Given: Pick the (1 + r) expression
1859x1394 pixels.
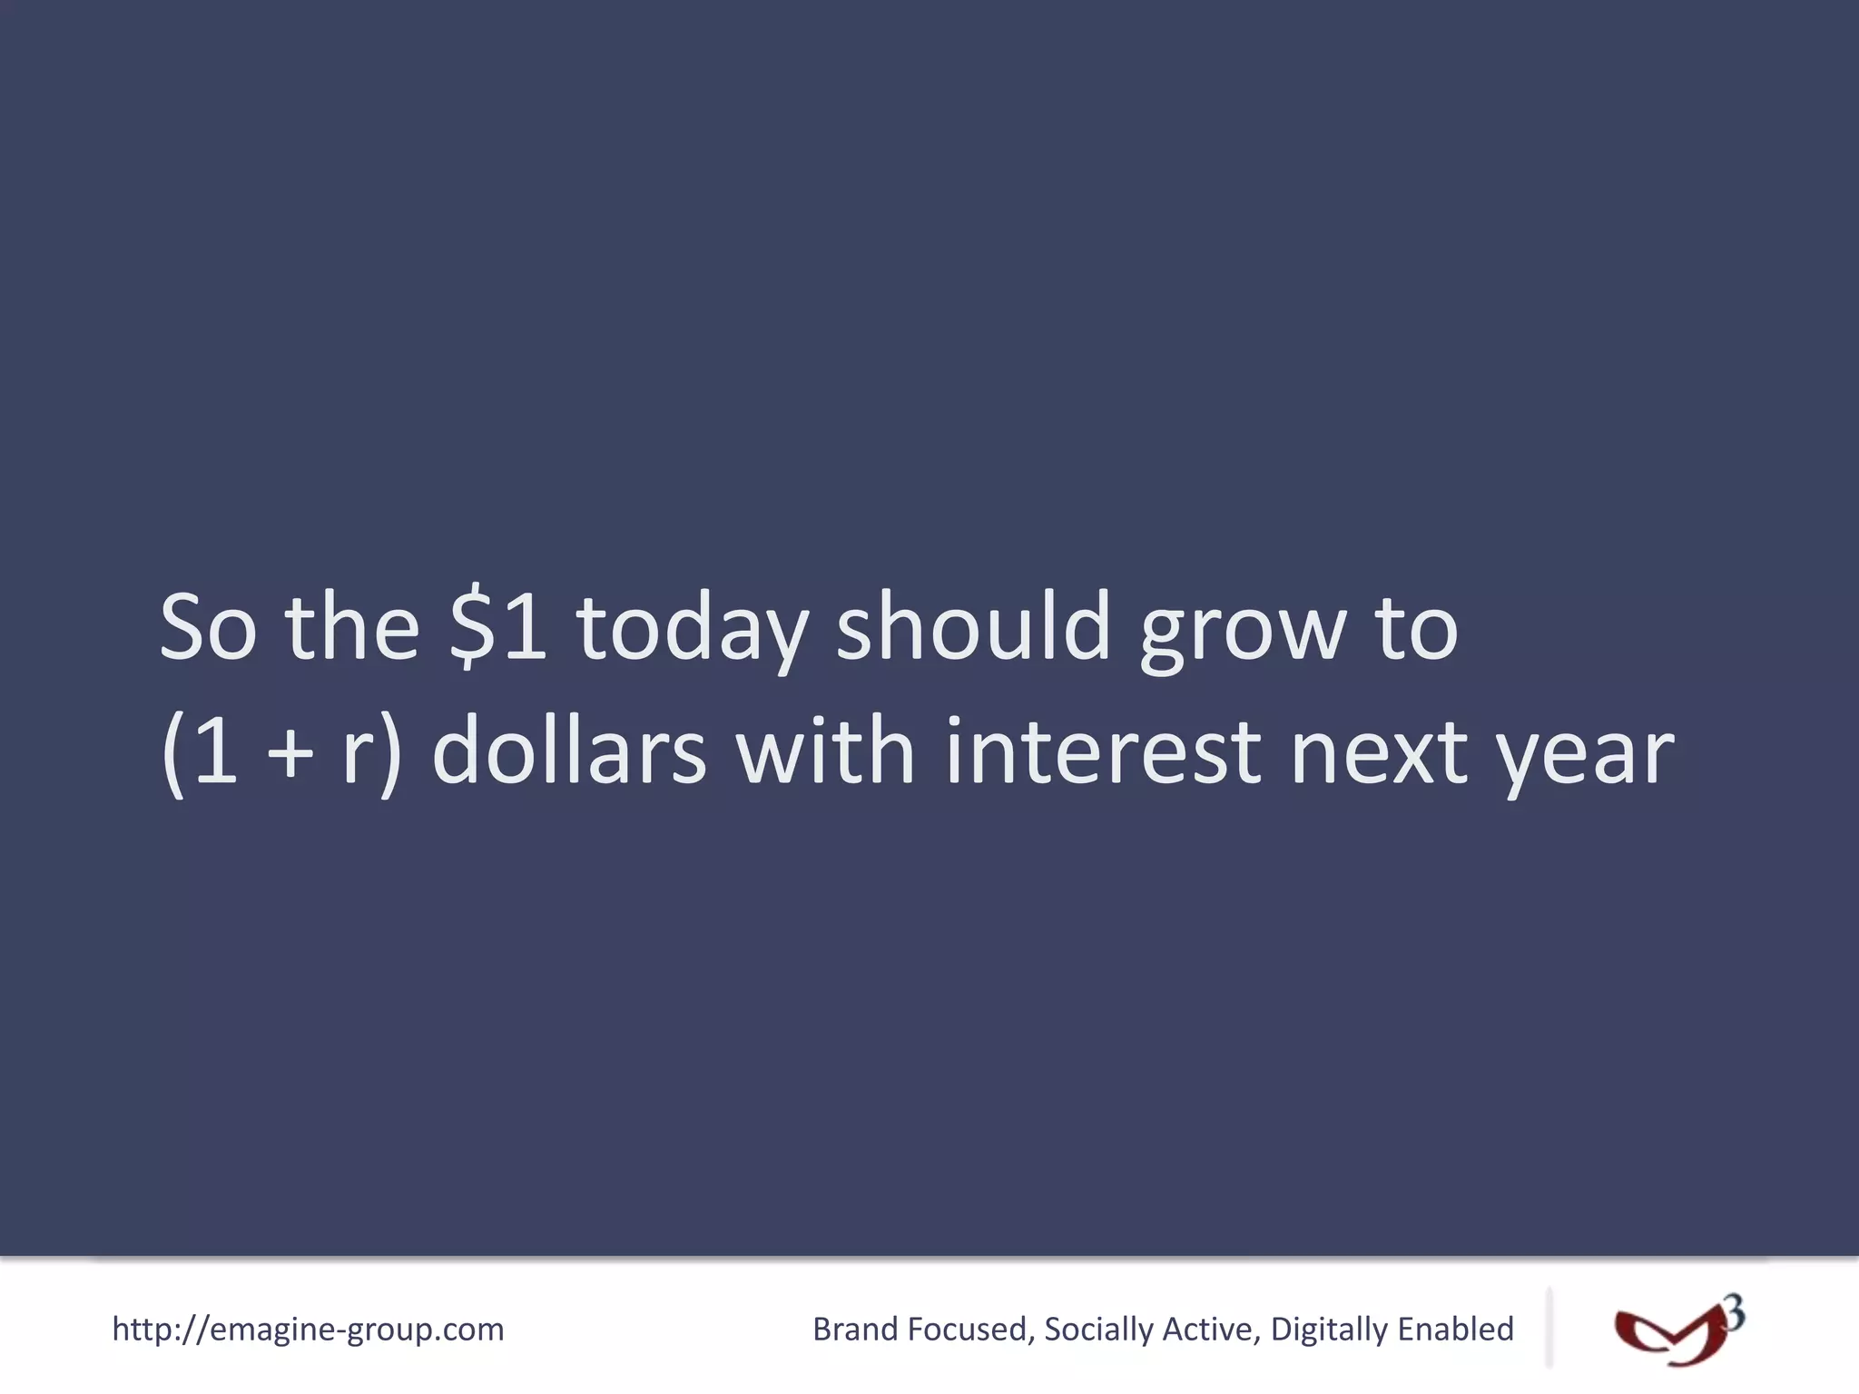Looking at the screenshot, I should click(280, 751).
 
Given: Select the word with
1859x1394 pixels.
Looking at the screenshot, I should click(825, 751).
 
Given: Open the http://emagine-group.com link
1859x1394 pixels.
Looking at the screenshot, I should click(308, 1330).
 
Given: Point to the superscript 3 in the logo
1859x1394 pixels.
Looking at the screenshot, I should click(1735, 1313).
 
